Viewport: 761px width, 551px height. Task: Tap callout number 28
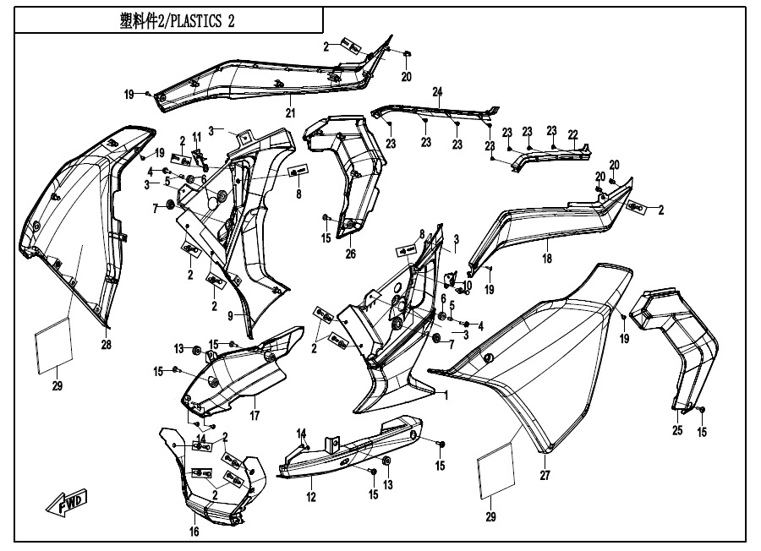point(107,344)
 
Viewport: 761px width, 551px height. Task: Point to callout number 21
point(289,113)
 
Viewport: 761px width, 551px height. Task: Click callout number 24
point(438,91)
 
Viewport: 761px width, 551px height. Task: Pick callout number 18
point(547,259)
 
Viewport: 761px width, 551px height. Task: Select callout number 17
point(254,415)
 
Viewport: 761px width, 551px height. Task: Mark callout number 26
point(350,254)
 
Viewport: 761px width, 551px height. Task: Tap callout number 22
point(572,134)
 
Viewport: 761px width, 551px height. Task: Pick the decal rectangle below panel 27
point(496,470)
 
